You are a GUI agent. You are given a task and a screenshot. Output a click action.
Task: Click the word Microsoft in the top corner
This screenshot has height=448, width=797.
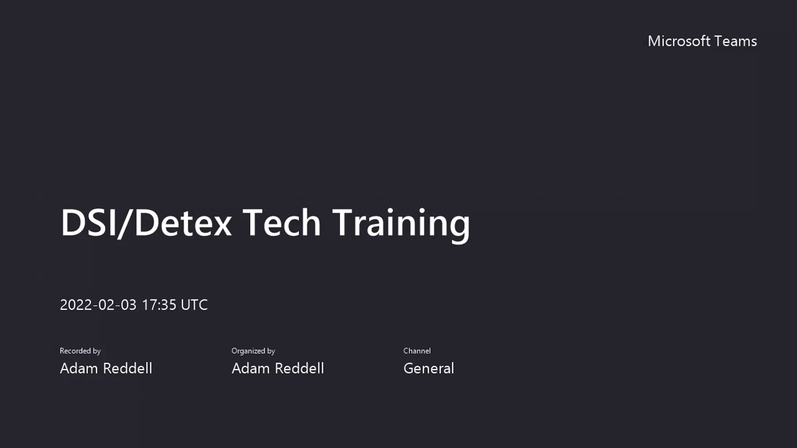click(x=679, y=41)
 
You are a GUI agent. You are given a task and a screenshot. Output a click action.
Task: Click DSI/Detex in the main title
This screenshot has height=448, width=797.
click(x=146, y=223)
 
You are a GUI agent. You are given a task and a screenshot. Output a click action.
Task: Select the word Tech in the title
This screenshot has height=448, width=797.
click(x=281, y=223)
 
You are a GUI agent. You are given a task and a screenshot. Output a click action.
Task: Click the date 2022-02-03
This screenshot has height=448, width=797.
click(x=98, y=305)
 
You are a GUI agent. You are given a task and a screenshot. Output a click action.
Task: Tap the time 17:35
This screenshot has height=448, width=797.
click(x=159, y=305)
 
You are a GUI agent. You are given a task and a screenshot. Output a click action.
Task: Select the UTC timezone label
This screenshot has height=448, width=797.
click(x=194, y=305)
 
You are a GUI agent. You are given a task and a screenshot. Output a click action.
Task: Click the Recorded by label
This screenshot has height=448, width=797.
click(x=80, y=351)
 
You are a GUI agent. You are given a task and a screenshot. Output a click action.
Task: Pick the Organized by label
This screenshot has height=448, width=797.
click(x=253, y=351)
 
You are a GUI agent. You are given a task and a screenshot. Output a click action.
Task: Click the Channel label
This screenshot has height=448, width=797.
click(x=417, y=351)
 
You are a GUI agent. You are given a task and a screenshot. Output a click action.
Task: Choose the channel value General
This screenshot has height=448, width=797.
click(x=428, y=368)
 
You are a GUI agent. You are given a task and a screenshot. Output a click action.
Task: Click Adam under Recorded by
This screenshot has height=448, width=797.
click(x=79, y=368)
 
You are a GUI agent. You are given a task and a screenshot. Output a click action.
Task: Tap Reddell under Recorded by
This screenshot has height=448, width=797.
click(x=127, y=368)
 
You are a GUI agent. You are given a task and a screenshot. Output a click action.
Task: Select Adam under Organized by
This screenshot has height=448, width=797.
click(x=251, y=368)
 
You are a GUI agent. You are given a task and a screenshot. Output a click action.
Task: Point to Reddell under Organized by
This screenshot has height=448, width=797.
click(x=299, y=368)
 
